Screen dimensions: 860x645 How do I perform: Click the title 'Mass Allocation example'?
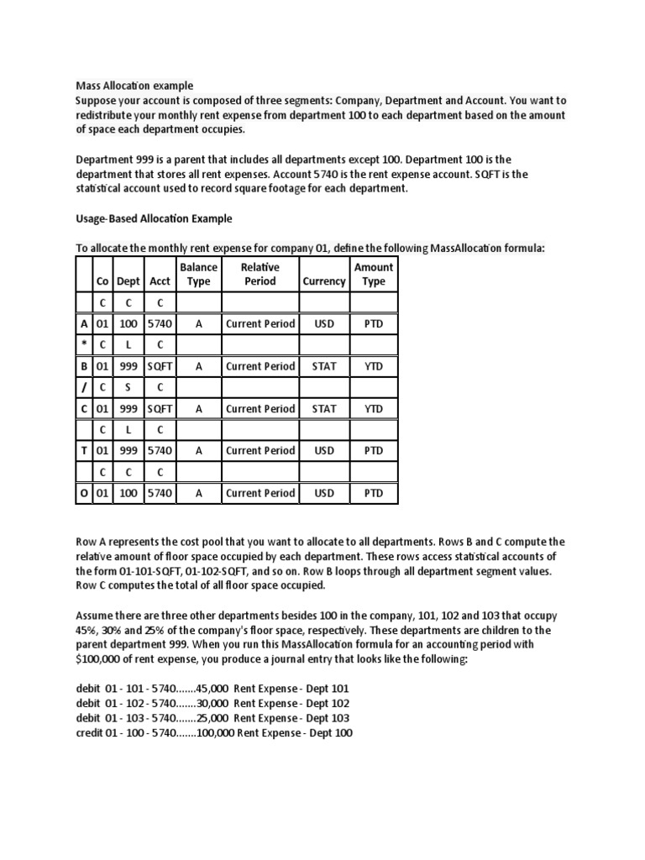click(134, 86)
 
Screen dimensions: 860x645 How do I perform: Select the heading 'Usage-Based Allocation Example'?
click(154, 218)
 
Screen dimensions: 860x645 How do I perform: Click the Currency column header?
click(323, 281)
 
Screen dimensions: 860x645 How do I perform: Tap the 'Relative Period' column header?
click(260, 275)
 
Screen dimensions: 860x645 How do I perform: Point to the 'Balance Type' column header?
click(199, 275)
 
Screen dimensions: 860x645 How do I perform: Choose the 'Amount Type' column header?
click(373, 275)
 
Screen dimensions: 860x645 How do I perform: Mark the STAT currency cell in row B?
click(323, 366)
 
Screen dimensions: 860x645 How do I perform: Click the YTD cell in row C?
click(373, 409)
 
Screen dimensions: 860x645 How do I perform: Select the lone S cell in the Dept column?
click(128, 388)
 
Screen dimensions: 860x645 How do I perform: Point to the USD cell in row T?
click(323, 451)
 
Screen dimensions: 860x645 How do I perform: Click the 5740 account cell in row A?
click(160, 323)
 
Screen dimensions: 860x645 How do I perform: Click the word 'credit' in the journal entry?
click(89, 733)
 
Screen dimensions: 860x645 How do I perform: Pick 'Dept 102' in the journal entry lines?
click(328, 704)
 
